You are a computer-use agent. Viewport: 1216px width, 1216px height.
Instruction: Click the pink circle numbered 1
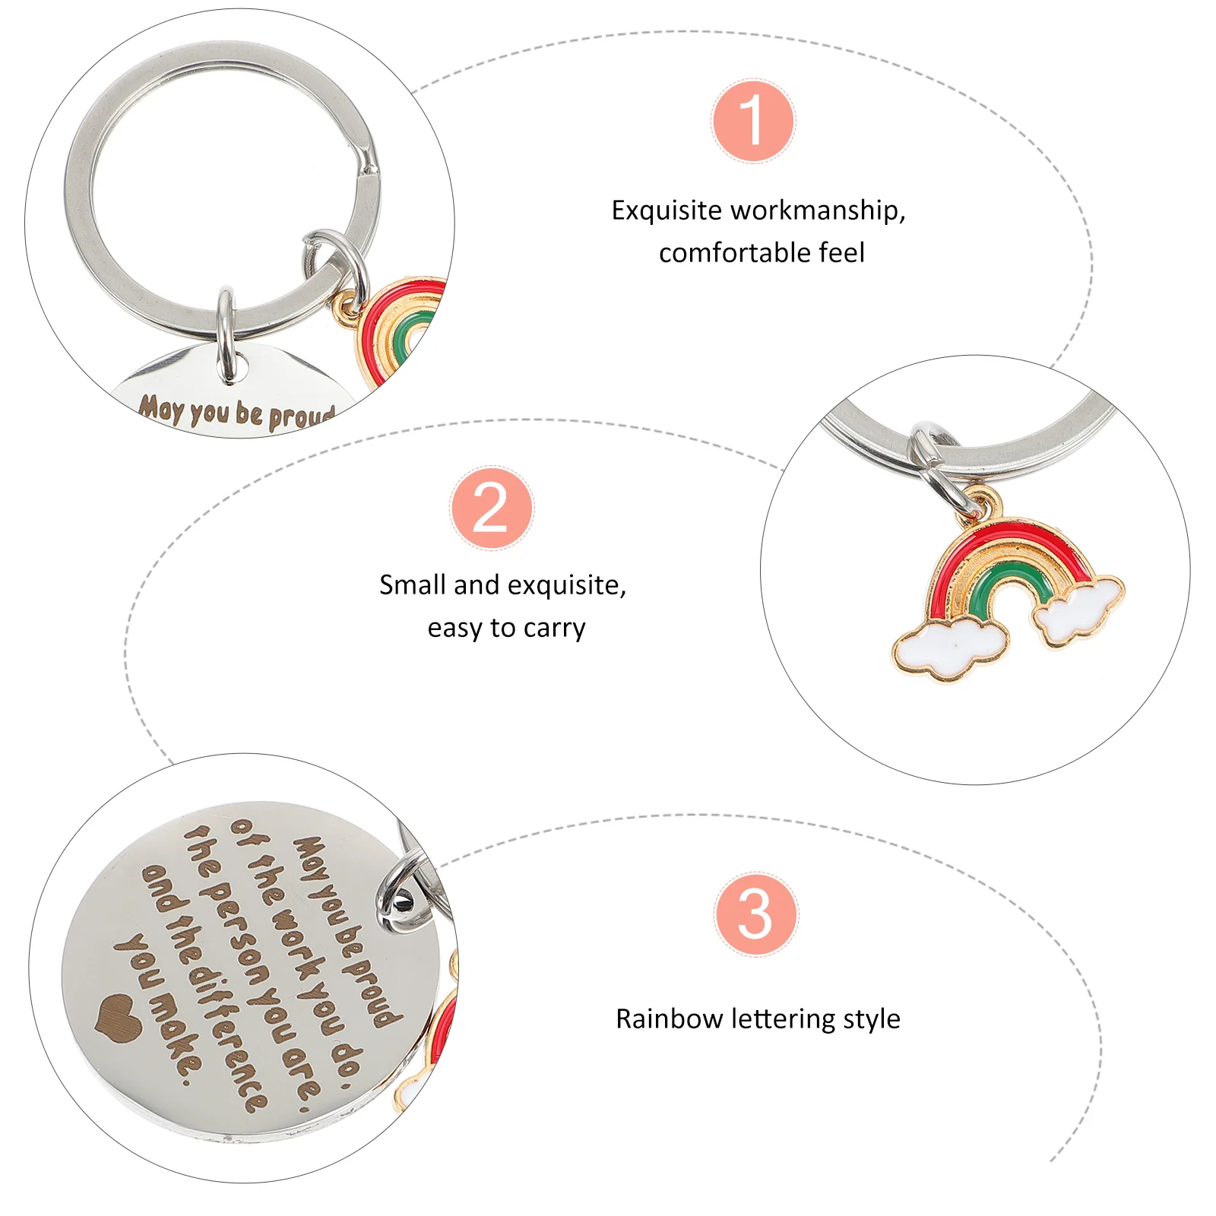click(753, 121)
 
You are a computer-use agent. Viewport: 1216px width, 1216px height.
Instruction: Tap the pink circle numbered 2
click(492, 508)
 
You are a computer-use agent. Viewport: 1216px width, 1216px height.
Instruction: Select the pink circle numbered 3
click(755, 914)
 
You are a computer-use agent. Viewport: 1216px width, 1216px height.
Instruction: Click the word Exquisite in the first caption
click(667, 211)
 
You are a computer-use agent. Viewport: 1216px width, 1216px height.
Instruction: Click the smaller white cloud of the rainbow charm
click(1078, 610)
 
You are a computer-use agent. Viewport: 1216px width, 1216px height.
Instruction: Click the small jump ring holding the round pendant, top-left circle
click(226, 335)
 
